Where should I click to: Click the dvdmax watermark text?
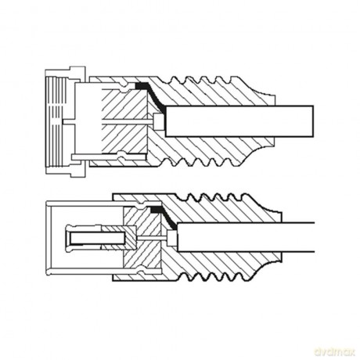(x=335, y=351)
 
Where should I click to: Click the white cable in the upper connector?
(x=239, y=121)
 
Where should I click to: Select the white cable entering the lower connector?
(x=246, y=237)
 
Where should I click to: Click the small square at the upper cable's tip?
(x=159, y=122)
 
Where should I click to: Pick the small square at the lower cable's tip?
(x=171, y=238)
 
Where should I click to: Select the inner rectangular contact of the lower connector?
(x=97, y=238)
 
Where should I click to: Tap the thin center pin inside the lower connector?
(x=152, y=238)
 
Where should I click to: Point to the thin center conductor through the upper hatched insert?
(x=127, y=121)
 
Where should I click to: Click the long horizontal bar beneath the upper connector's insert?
(x=109, y=157)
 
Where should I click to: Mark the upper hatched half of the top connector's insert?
(x=124, y=104)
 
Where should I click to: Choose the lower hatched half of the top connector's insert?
(x=124, y=139)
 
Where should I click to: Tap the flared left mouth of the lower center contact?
(x=68, y=238)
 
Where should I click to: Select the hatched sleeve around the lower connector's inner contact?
(x=118, y=238)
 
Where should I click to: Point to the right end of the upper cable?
(x=313, y=121)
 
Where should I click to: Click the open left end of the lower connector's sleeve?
(x=48, y=237)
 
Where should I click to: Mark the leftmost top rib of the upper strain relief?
(x=174, y=79)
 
